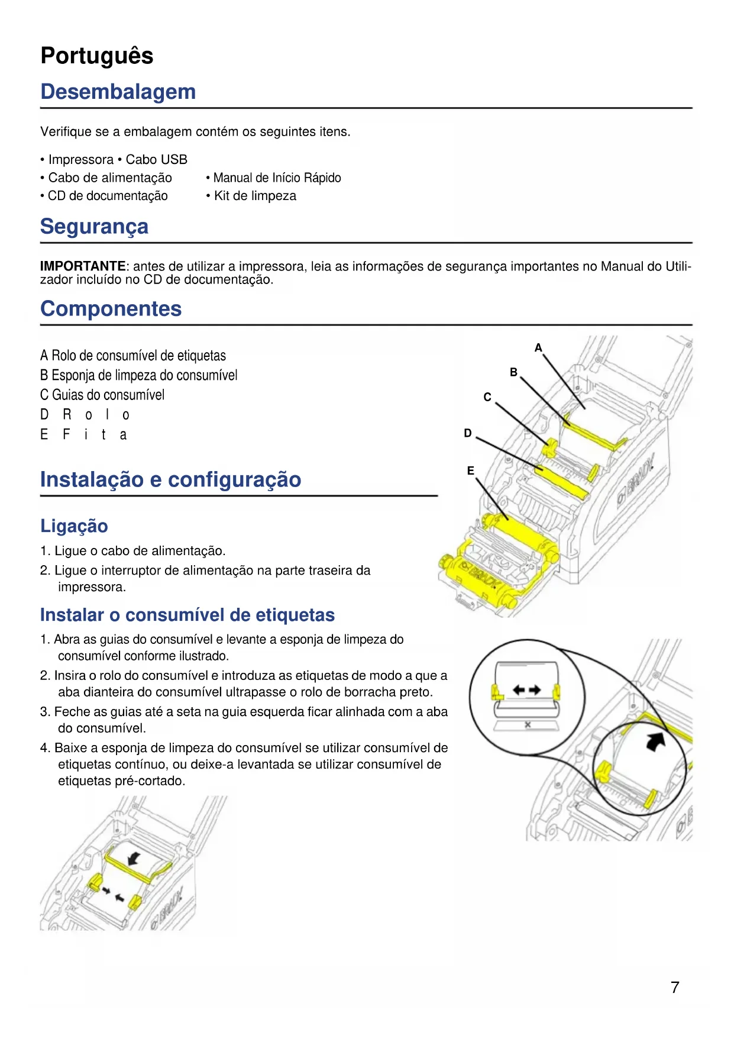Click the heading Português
[x=97, y=56]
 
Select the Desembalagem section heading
[x=118, y=92]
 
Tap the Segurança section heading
[x=94, y=227]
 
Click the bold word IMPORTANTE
[x=83, y=266]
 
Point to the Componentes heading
[x=111, y=309]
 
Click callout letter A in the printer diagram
[x=538, y=348]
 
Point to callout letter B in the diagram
[x=513, y=372]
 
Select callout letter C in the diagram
[x=487, y=397]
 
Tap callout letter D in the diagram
[x=468, y=433]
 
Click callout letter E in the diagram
[x=471, y=470]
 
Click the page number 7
[x=675, y=987]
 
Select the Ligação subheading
[x=74, y=526]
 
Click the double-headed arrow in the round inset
[x=526, y=689]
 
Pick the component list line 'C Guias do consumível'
[x=102, y=395]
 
